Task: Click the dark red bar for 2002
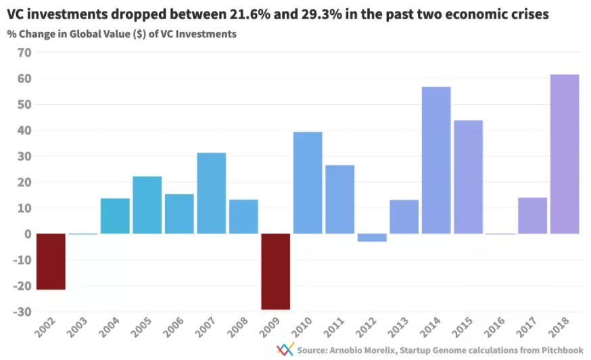pos(51,261)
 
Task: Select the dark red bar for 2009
pos(275,271)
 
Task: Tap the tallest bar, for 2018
pos(565,154)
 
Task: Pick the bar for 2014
pos(436,160)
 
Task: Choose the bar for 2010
pos(308,183)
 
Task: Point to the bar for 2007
pos(211,194)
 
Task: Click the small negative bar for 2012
pos(372,238)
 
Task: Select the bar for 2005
pos(147,205)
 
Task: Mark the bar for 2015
pos(468,177)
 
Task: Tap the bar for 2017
pos(532,216)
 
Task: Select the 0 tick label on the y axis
pos(28,234)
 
